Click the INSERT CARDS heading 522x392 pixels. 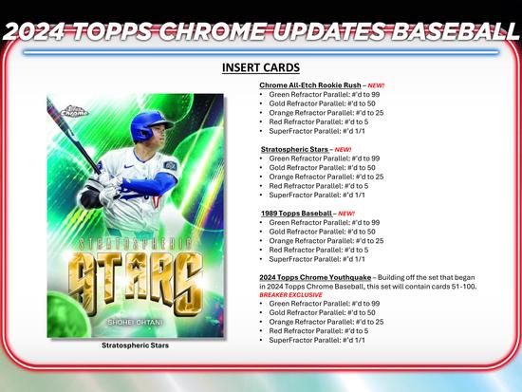coord(260,68)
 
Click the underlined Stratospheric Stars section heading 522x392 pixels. coord(293,149)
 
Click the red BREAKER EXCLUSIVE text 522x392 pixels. coord(293,294)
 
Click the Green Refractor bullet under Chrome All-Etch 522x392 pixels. coord(320,95)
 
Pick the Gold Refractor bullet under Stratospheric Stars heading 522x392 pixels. coord(318,167)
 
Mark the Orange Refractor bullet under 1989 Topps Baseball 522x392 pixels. coord(326,240)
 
